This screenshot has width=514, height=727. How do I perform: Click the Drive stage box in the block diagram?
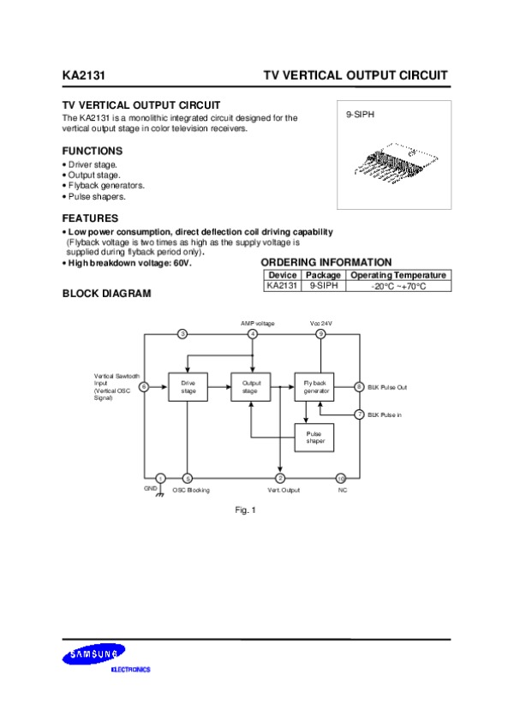pos(188,386)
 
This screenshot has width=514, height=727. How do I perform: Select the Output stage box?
pos(251,386)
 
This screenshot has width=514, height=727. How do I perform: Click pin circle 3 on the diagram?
pos(182,333)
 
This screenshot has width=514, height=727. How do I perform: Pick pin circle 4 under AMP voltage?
pos(252,333)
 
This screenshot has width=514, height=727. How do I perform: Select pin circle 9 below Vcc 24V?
pos(320,333)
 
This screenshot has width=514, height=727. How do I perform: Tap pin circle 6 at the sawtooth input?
pos(143,387)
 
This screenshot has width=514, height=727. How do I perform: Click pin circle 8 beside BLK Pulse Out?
pos(360,387)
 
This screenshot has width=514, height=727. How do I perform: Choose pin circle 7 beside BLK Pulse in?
pos(360,414)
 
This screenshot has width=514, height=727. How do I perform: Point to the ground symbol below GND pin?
pos(159,492)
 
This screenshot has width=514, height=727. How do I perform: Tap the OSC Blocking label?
pos(191,490)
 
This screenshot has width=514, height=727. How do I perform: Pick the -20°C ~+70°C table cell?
pos(397,286)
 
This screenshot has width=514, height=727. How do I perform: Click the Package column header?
pos(323,275)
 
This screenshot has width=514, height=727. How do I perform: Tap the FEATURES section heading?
pos(90,218)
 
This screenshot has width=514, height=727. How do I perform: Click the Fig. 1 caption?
pos(246,510)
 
